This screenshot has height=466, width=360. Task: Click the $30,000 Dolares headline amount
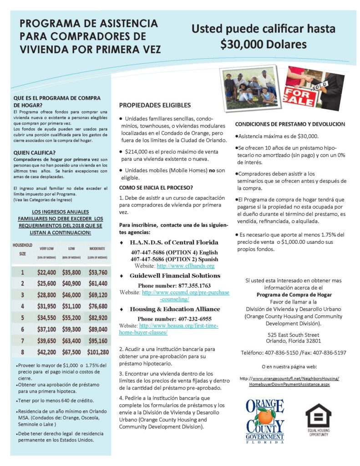coord(263,45)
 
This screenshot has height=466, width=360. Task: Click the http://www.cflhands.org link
coord(186,265)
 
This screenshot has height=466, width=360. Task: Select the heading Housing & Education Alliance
coord(175,309)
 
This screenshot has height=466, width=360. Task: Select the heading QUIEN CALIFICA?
coord(35,152)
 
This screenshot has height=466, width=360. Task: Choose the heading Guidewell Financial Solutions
coord(175,276)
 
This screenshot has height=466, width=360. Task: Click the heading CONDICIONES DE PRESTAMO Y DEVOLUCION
coord(290,124)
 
